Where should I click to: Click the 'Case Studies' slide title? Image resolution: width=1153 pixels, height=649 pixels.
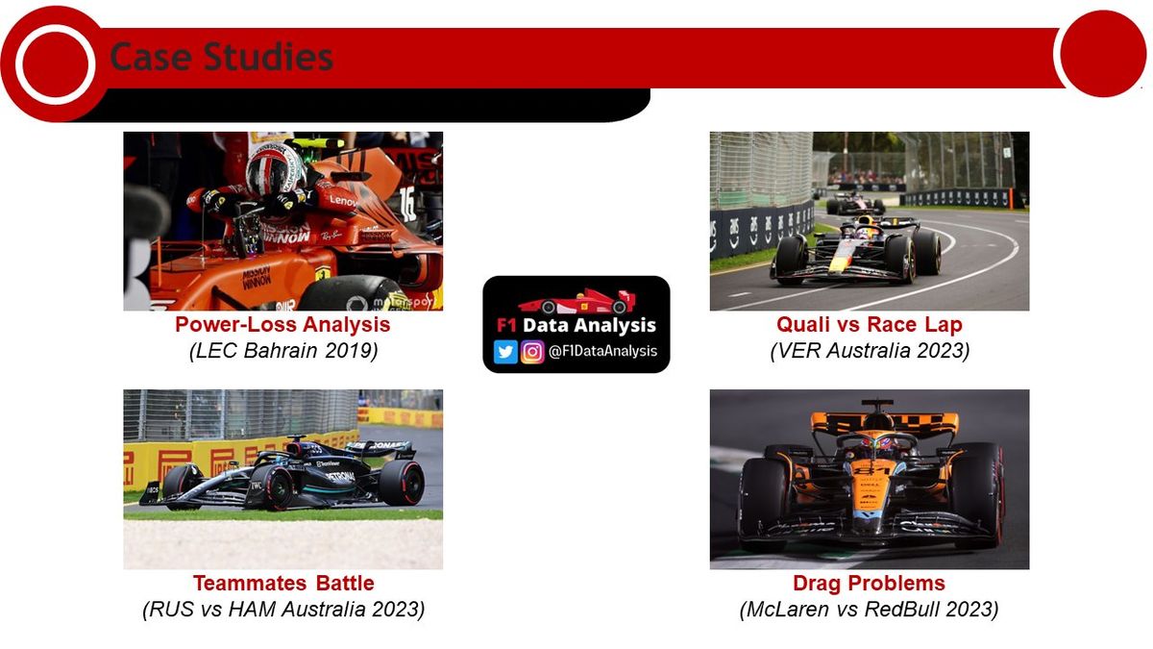[x=221, y=57]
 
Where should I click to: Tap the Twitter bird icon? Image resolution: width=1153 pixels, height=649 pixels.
[x=505, y=352]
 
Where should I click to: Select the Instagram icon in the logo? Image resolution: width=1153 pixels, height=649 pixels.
[x=532, y=352]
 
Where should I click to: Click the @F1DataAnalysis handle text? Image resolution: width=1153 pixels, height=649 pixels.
[x=602, y=351]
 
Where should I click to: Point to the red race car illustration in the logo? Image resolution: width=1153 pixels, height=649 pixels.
[x=577, y=301]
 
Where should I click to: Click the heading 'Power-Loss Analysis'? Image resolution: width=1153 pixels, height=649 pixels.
[x=282, y=325]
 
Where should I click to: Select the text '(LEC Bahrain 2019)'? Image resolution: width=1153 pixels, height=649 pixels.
[x=283, y=351]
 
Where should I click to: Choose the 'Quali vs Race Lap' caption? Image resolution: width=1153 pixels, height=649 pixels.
[x=870, y=325]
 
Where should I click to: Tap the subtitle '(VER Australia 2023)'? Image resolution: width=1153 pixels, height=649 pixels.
[x=870, y=351]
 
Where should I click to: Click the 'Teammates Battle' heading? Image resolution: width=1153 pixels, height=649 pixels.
[x=283, y=583]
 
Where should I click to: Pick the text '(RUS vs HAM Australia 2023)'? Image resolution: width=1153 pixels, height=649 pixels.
[x=283, y=610]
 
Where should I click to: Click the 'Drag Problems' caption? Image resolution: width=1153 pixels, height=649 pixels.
[x=869, y=583]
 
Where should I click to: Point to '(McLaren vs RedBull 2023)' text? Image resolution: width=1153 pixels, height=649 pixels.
[x=869, y=610]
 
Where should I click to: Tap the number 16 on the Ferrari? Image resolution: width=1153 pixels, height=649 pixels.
[x=407, y=204]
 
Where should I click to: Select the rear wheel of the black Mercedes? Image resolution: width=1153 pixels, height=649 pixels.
[x=403, y=483]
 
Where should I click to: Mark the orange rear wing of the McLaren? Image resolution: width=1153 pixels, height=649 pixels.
[x=884, y=423]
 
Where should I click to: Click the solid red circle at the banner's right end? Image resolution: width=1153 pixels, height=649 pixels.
[x=1103, y=54]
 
